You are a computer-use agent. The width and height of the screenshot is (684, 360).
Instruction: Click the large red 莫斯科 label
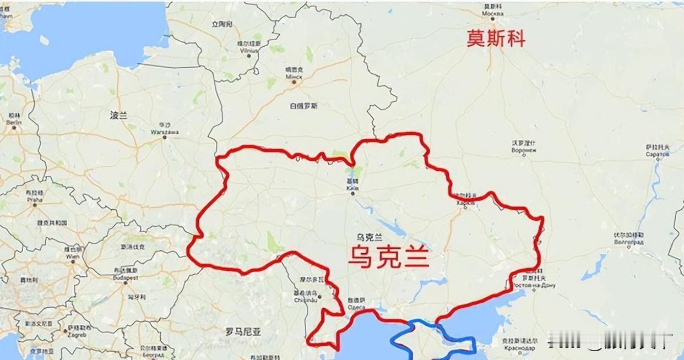click(x=496, y=39)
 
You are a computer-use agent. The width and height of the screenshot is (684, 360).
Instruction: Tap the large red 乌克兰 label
click(x=388, y=257)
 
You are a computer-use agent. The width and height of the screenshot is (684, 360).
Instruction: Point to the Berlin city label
click(x=13, y=122)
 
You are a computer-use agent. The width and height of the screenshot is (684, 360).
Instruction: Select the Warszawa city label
click(x=165, y=132)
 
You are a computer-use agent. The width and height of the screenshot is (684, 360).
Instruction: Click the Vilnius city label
click(x=249, y=50)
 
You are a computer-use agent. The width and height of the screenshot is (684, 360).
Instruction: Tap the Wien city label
click(x=73, y=256)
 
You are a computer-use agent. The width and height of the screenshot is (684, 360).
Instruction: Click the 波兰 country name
click(x=118, y=116)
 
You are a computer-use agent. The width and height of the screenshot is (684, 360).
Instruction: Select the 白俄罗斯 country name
click(x=303, y=106)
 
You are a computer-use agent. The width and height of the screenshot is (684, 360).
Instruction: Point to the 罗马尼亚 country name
click(x=243, y=331)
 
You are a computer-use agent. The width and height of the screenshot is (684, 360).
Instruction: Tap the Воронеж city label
click(x=524, y=150)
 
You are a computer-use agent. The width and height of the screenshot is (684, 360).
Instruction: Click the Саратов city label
click(x=658, y=154)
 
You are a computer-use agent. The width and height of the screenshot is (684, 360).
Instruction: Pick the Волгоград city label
click(x=629, y=242)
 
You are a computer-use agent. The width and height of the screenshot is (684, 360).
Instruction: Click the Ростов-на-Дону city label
click(x=534, y=286)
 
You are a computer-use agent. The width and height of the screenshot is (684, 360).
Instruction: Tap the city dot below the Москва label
click(x=490, y=21)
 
